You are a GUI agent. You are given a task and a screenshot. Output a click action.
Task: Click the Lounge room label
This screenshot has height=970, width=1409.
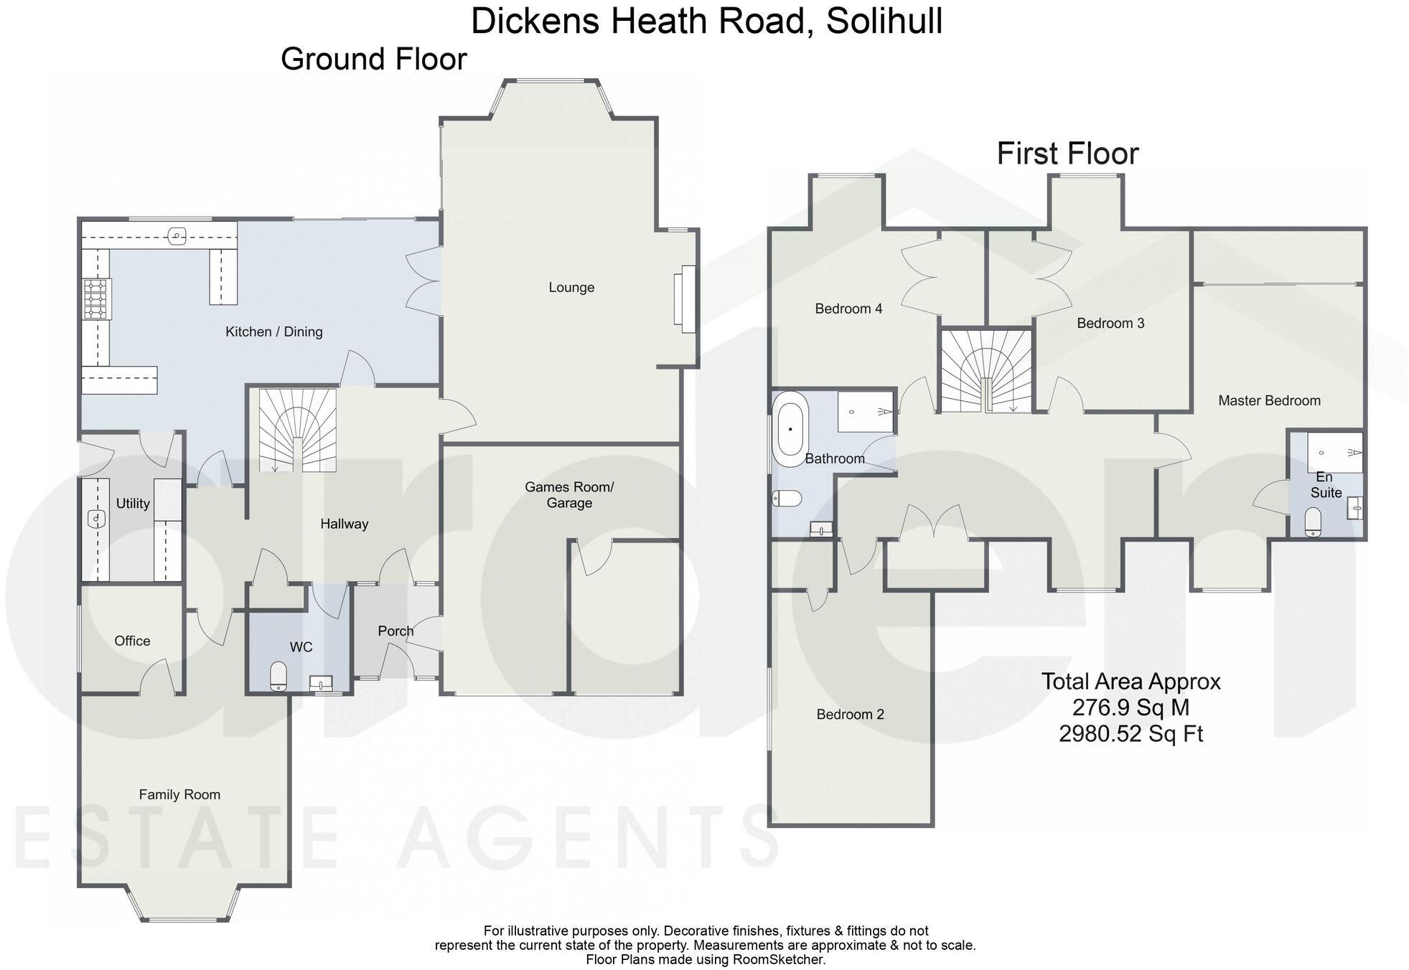tap(571, 288)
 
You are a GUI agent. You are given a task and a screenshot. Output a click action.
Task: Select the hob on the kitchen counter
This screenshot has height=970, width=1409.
tap(95, 298)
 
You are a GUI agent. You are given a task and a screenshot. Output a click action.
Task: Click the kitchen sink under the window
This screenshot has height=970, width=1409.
tap(177, 235)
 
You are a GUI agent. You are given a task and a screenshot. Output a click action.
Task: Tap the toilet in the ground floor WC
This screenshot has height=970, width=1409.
tap(278, 676)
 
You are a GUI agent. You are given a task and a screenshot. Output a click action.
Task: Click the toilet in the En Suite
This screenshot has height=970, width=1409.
tap(1312, 522)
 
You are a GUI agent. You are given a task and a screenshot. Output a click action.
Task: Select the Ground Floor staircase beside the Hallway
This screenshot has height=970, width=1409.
tap(297, 430)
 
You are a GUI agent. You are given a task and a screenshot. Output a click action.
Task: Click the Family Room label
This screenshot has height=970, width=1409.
tap(179, 794)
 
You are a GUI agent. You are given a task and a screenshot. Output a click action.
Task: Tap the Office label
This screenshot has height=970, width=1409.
tap(132, 641)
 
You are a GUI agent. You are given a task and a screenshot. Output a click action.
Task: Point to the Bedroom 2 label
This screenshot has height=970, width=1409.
tap(850, 715)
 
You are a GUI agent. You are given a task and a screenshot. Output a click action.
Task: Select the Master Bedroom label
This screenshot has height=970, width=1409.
tap(1269, 401)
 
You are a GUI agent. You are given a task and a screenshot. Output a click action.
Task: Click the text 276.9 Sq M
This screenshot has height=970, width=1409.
tap(1131, 707)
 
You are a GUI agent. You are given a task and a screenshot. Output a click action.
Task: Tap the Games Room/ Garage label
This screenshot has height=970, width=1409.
tap(569, 495)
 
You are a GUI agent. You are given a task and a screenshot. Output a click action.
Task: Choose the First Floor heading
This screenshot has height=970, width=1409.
tap(1067, 154)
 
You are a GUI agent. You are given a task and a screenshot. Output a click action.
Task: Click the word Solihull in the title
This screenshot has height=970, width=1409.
tap(884, 21)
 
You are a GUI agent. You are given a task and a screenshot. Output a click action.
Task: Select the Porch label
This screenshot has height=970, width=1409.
tap(395, 631)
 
